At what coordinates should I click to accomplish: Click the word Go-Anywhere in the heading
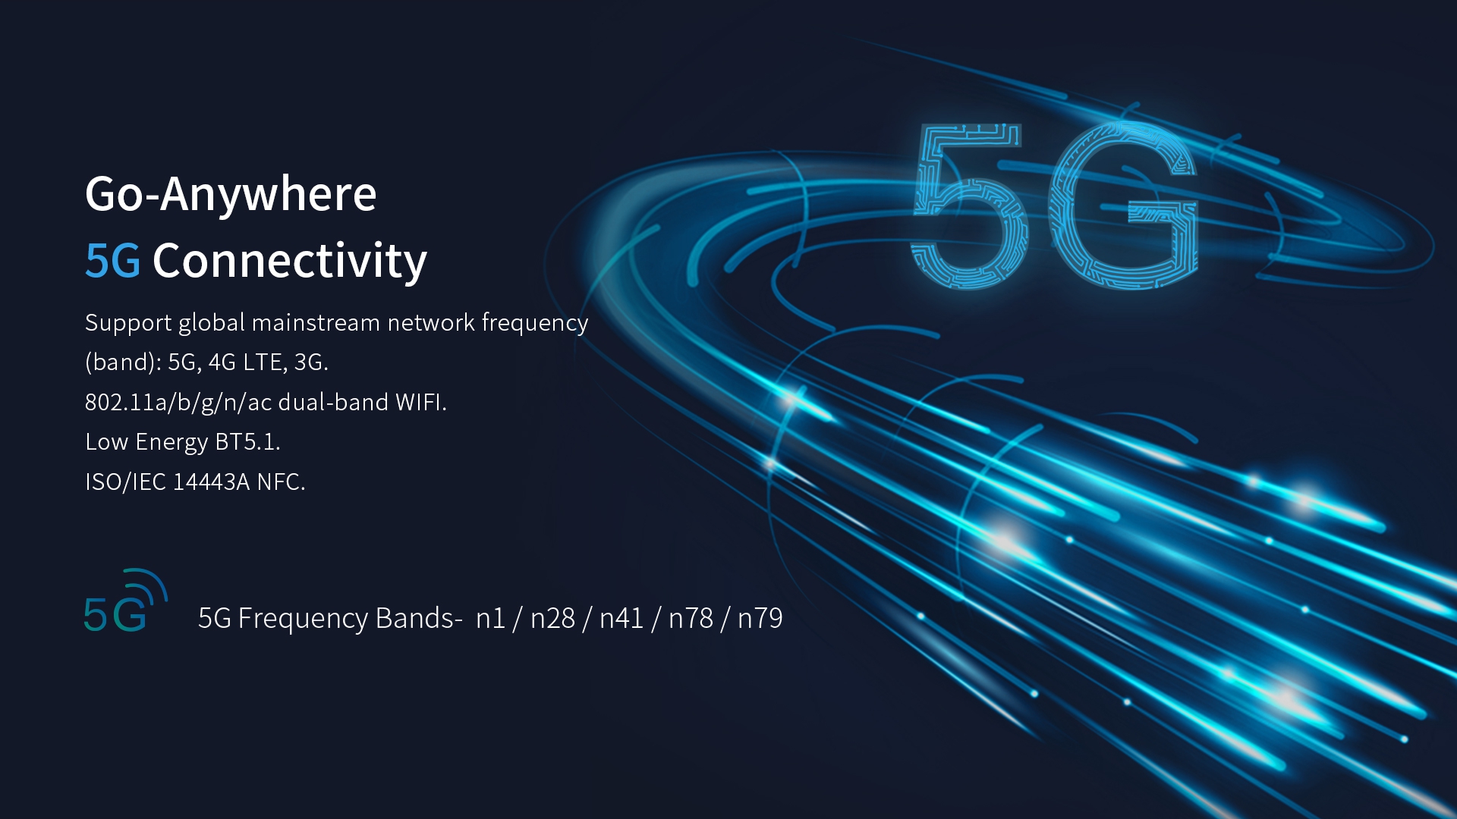(x=231, y=194)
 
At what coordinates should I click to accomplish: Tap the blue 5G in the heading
(x=112, y=261)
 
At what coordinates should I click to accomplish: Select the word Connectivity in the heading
(x=290, y=261)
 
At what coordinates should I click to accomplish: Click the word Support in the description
(x=128, y=323)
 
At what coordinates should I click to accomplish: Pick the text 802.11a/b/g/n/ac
(x=178, y=403)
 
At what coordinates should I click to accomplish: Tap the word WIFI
(x=420, y=403)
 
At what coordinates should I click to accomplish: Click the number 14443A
(x=211, y=482)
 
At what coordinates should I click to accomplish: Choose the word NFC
(x=281, y=482)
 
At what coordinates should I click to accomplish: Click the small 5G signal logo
(x=124, y=602)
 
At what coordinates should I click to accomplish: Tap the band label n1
(x=490, y=619)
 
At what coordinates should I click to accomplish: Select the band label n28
(x=552, y=619)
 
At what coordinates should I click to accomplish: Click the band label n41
(x=622, y=619)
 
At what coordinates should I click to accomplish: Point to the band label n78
(x=691, y=619)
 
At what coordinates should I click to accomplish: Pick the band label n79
(x=760, y=619)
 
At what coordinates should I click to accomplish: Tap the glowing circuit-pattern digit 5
(x=968, y=206)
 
